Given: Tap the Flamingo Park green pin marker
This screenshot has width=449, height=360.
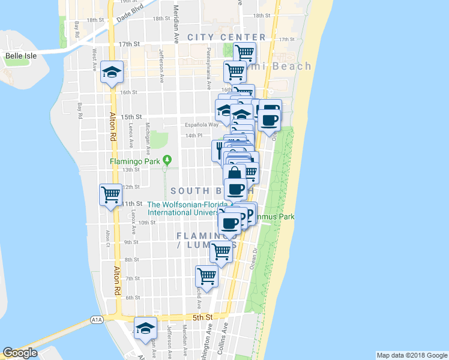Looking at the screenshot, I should point(167,160).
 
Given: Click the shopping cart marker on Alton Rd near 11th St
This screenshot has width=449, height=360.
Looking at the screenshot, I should point(111,195).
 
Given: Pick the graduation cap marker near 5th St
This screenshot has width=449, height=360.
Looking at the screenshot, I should point(146,329).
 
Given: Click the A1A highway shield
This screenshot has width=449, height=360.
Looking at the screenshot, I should point(96,321).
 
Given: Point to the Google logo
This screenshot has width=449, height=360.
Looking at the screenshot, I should point(20,353).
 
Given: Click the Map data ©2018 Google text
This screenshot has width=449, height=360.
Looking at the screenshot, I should point(411,355).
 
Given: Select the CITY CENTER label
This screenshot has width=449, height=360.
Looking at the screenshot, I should point(218,37).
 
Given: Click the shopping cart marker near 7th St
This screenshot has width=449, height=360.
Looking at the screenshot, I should point(206,277).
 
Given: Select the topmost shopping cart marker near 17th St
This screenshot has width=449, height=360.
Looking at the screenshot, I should point(244,53).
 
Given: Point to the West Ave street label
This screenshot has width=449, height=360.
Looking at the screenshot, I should point(94,61).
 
